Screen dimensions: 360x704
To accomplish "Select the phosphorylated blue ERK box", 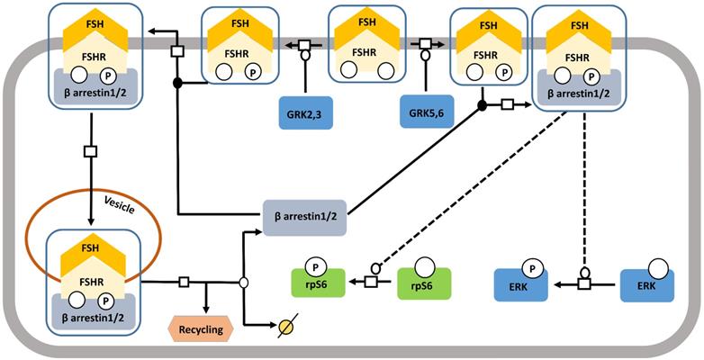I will (x=520, y=284).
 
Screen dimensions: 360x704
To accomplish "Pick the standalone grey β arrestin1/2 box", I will (x=304, y=217).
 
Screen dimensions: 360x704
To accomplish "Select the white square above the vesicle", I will (x=90, y=151).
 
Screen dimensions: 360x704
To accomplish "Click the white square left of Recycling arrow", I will (x=184, y=283).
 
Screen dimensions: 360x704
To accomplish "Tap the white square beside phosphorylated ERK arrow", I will (x=584, y=284).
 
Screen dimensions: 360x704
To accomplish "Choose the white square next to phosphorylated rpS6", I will (x=370, y=282).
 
